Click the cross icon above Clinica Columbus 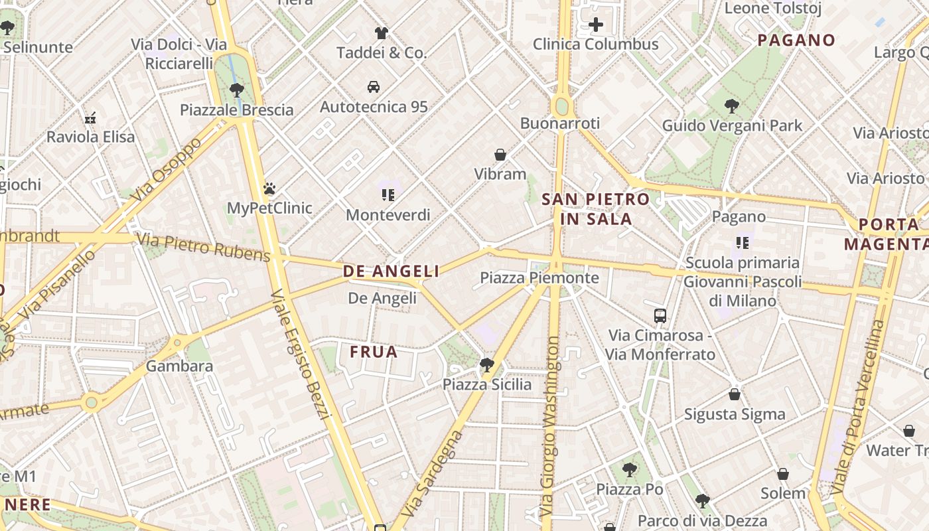596,25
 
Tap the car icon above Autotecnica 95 374,87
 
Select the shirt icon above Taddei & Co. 381,33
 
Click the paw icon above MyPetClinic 269,189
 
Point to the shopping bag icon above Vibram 500,155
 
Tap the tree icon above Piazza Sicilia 486,364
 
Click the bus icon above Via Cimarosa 660,316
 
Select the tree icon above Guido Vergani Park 731,106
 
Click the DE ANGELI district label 391,271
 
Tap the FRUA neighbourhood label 374,352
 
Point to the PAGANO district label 796,40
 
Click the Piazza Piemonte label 539,277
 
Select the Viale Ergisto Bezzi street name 300,355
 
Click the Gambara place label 179,366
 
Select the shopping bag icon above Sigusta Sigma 734,394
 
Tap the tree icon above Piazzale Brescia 236,90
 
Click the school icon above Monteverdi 388,194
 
